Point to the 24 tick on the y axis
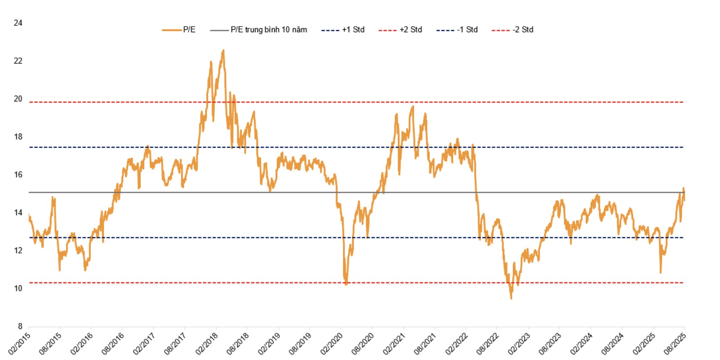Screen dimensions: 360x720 tap(18, 23)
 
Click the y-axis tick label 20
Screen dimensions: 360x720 tap(18, 99)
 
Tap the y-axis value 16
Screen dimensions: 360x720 tap(18, 175)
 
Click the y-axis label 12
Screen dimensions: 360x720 tap(18, 251)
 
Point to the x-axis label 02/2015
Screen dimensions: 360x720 tap(19, 343)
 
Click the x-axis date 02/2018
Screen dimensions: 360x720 tap(207, 343)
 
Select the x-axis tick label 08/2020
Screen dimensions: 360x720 tap(363, 343)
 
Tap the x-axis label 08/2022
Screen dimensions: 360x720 tap(488, 343)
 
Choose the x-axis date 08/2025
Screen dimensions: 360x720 tap(675, 343)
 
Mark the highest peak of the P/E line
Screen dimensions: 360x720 tap(223, 50)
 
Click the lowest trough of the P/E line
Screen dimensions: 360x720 tap(511, 298)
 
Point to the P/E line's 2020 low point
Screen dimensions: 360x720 tap(346, 284)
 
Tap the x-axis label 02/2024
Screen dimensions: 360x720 tap(582, 343)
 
